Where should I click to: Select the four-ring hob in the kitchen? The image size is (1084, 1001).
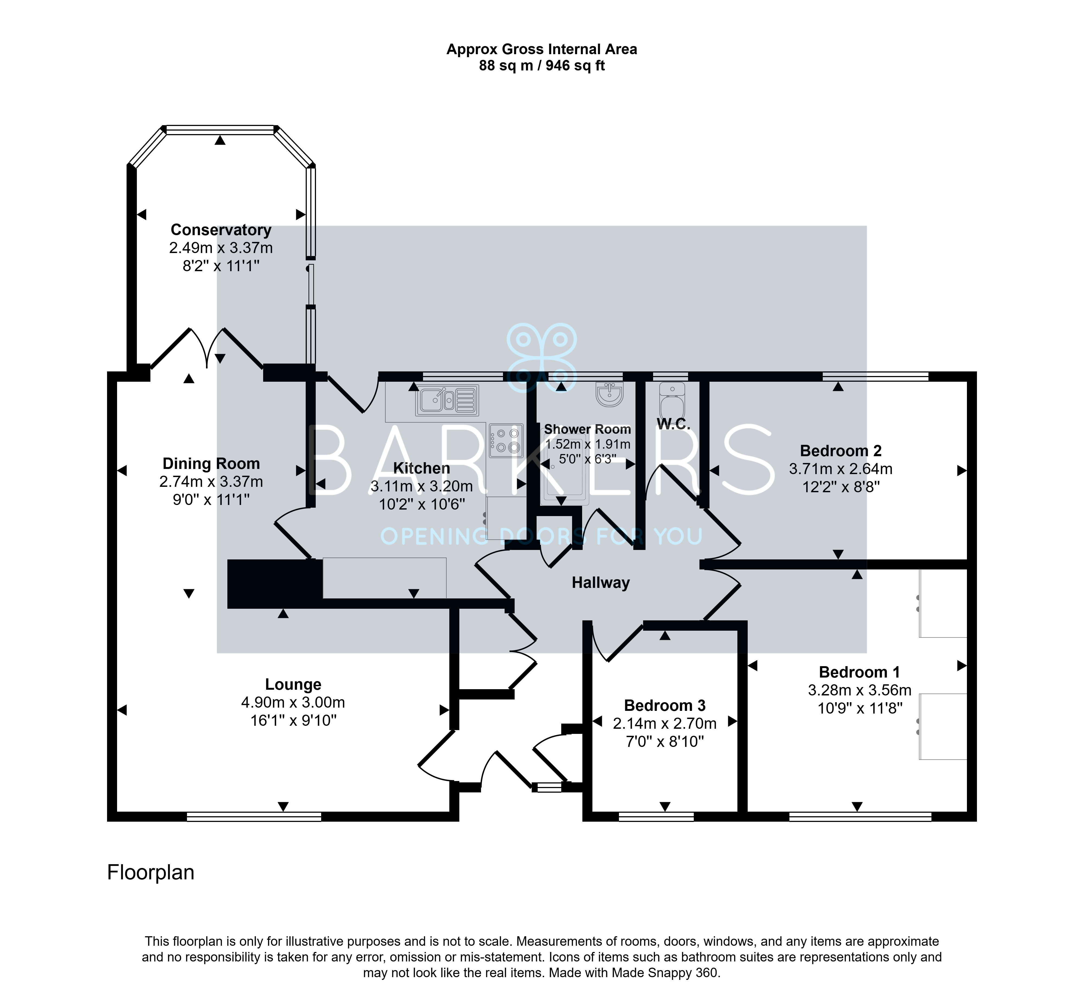coord(506,440)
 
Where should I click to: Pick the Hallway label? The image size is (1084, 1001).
coord(601,583)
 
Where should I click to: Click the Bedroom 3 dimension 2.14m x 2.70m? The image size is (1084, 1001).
coord(665,724)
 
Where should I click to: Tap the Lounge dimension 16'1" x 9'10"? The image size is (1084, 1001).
coord(293,720)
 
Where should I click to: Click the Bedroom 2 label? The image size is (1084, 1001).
coord(841,451)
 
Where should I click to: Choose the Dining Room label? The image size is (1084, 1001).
coord(211,464)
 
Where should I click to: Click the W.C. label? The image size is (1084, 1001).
coord(673,424)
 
